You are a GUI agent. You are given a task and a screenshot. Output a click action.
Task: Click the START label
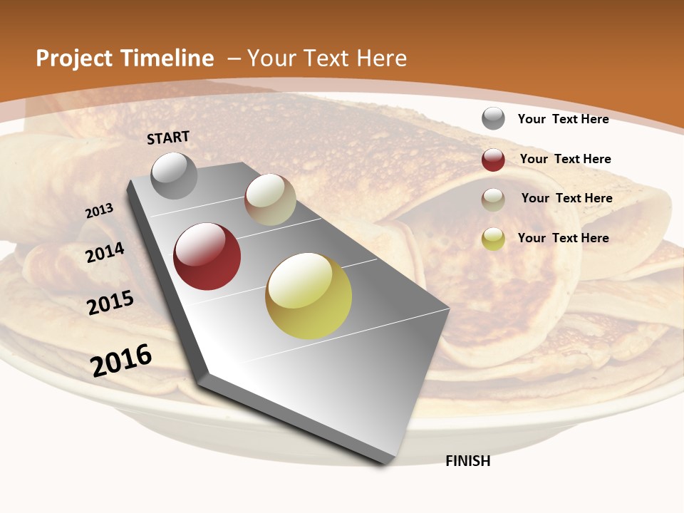pos(168,138)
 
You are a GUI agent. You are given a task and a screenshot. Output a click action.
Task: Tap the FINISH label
pos(467,461)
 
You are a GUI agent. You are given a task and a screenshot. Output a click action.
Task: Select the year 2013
pos(100,211)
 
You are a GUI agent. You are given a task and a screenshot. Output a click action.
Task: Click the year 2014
pos(105,253)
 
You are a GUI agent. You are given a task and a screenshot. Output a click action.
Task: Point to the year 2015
pos(110,303)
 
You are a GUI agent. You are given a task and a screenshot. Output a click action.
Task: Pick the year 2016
pos(121,361)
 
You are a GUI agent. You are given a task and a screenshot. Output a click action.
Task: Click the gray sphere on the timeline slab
pos(175,175)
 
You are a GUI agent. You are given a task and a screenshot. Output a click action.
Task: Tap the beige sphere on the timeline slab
pos(270,199)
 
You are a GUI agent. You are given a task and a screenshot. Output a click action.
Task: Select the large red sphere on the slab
pos(207,256)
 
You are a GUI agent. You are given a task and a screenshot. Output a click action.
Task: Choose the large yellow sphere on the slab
pos(309,296)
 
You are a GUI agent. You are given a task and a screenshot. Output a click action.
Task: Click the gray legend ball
pos(493,119)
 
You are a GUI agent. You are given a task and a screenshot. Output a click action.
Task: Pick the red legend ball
pos(493,160)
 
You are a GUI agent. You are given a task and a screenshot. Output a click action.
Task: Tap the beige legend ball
pos(493,199)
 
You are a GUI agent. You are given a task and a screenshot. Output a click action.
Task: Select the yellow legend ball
pos(493,239)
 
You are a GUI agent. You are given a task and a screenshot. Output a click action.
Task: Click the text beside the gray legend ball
pos(563,119)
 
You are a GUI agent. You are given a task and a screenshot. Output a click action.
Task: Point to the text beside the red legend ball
pos(565,159)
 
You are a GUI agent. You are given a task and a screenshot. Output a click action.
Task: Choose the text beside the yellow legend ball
pos(563,238)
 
